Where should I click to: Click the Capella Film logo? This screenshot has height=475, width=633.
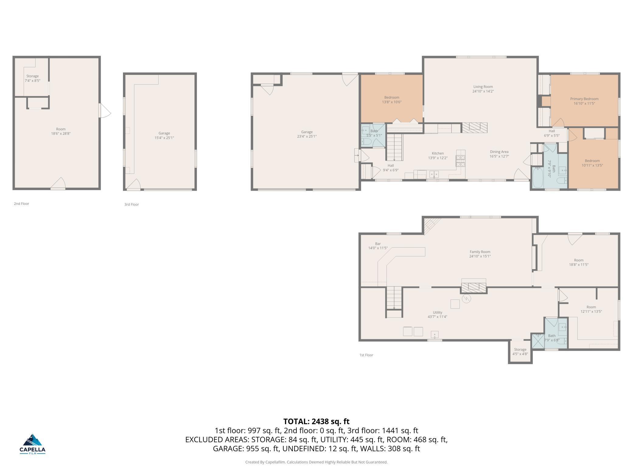click(x=33, y=444)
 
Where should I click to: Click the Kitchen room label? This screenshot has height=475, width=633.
click(x=438, y=153)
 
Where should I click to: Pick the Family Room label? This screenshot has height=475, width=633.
click(x=480, y=252)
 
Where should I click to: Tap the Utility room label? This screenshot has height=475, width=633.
click(x=437, y=312)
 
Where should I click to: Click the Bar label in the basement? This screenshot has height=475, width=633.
click(x=378, y=244)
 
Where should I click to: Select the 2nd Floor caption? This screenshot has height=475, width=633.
click(x=21, y=204)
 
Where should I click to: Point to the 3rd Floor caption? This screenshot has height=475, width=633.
click(x=131, y=204)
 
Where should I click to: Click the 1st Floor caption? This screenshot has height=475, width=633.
click(x=366, y=355)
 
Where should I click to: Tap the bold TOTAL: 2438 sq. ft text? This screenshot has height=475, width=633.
click(x=316, y=421)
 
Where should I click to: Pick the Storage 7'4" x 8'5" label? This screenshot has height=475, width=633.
click(x=33, y=78)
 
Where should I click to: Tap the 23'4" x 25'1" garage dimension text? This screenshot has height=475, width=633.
click(x=307, y=136)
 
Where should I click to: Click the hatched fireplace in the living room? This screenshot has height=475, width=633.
click(x=475, y=127)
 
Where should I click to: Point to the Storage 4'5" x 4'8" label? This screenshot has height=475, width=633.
click(x=520, y=352)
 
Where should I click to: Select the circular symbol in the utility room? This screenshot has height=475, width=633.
click(x=466, y=299)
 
